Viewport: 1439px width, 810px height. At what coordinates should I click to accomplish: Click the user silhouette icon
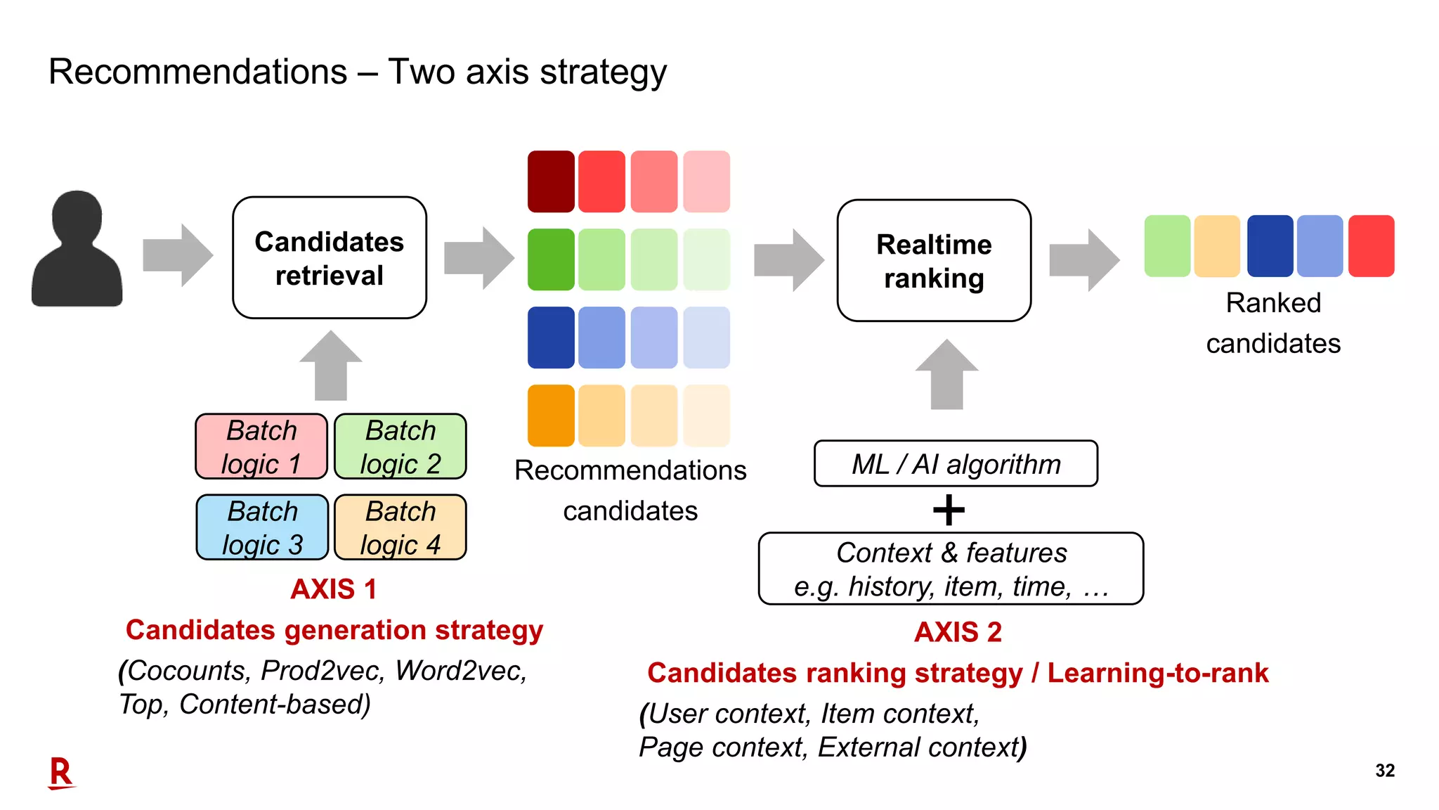(77, 250)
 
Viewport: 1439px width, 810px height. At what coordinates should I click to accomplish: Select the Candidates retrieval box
(330, 258)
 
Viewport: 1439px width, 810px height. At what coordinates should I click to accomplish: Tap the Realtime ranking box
(934, 261)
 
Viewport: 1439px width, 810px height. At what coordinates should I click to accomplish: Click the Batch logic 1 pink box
(261, 446)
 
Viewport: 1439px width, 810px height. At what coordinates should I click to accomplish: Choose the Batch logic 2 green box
(401, 446)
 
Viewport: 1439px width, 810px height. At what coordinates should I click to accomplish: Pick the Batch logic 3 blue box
(262, 527)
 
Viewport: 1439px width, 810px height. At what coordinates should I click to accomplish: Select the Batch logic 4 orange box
(401, 527)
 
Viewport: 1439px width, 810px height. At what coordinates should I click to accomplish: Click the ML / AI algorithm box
(956, 464)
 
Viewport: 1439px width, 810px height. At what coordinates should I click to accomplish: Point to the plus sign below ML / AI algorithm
(949, 510)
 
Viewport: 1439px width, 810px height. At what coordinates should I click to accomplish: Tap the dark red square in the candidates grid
(551, 181)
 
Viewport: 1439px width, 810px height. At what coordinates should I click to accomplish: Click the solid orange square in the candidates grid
(551, 416)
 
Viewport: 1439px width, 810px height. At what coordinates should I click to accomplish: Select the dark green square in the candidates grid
(551, 259)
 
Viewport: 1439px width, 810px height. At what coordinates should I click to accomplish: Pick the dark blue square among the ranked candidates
(1270, 246)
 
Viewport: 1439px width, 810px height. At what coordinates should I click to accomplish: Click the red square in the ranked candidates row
(1371, 246)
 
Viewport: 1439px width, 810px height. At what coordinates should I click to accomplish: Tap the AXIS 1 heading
(334, 589)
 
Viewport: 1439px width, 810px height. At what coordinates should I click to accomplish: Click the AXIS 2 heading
(958, 632)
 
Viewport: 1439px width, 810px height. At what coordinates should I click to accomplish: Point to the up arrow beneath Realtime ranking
(946, 375)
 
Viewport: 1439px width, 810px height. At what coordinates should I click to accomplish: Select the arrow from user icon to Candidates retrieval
(177, 255)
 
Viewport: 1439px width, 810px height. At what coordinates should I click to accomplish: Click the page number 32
(1385, 771)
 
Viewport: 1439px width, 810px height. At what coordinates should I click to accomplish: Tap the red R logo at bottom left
(61, 773)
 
